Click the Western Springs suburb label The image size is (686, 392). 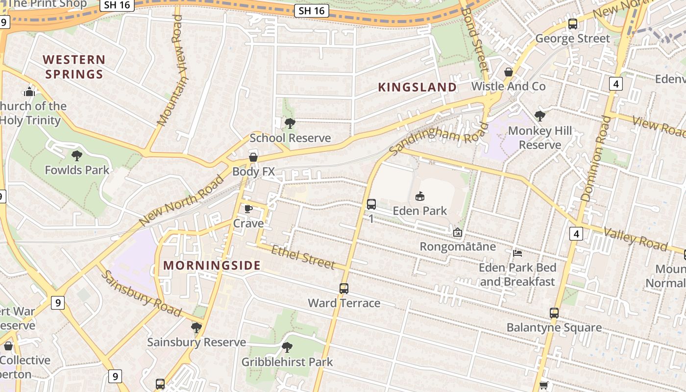[74, 67]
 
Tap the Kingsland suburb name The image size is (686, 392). [417, 87]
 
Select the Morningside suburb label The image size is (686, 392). [212, 266]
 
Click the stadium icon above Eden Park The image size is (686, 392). [420, 196]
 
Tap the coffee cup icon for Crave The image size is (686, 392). [248, 209]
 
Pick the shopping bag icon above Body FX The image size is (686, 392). [253, 157]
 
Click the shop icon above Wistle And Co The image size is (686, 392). [509, 72]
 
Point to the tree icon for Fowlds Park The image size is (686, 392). [76, 156]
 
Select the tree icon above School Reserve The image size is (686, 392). [290, 123]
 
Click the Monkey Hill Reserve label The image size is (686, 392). [540, 138]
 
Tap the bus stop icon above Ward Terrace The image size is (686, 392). [344, 288]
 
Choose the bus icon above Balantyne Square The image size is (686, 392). [554, 313]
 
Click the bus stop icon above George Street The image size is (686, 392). [572, 24]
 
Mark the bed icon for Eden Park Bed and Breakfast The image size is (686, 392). [517, 253]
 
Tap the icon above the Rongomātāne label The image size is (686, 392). [457, 232]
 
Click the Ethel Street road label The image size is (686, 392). [303, 257]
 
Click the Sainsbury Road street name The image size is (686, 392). [142, 294]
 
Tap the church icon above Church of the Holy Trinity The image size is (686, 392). [29, 91]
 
